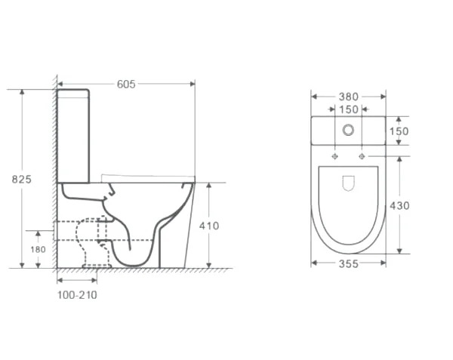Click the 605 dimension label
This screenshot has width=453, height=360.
coord(126,84)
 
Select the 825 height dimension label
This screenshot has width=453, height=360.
coord(21,180)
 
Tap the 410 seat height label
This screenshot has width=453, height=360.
coord(209,226)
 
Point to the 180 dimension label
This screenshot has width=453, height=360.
coord(39,249)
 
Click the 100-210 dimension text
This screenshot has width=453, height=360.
coord(77,295)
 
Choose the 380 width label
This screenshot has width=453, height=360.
coord(348,97)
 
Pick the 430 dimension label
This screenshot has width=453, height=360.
coord(399,205)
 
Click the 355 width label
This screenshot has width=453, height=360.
coord(348,263)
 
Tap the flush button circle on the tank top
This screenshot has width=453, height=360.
coord(348,131)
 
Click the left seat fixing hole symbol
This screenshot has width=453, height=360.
coord(334,156)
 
